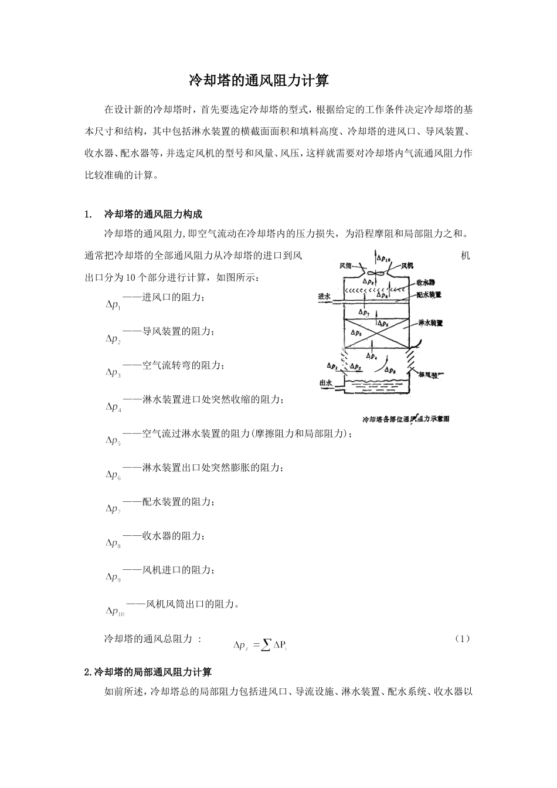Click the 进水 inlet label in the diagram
(325, 297)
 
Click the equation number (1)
(462, 638)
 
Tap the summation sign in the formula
(266, 645)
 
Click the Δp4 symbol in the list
(113, 407)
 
